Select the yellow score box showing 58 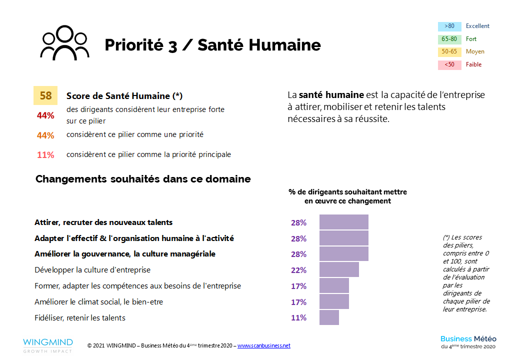point(46,95)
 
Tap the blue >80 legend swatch point(449,26)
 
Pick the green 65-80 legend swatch point(449,39)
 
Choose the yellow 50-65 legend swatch point(449,52)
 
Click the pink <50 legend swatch point(449,64)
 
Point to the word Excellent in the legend point(477,26)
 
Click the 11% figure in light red point(45,155)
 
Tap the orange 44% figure point(45,135)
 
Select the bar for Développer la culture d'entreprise point(339,270)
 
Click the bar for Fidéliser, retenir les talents point(329,317)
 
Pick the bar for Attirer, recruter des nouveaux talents point(343,222)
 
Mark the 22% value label point(298,270)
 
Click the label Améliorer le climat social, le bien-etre point(98,302)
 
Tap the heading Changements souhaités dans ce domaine point(143,179)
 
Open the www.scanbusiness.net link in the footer point(263,345)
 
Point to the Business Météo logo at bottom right point(468,342)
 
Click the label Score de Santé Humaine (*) point(121,96)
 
